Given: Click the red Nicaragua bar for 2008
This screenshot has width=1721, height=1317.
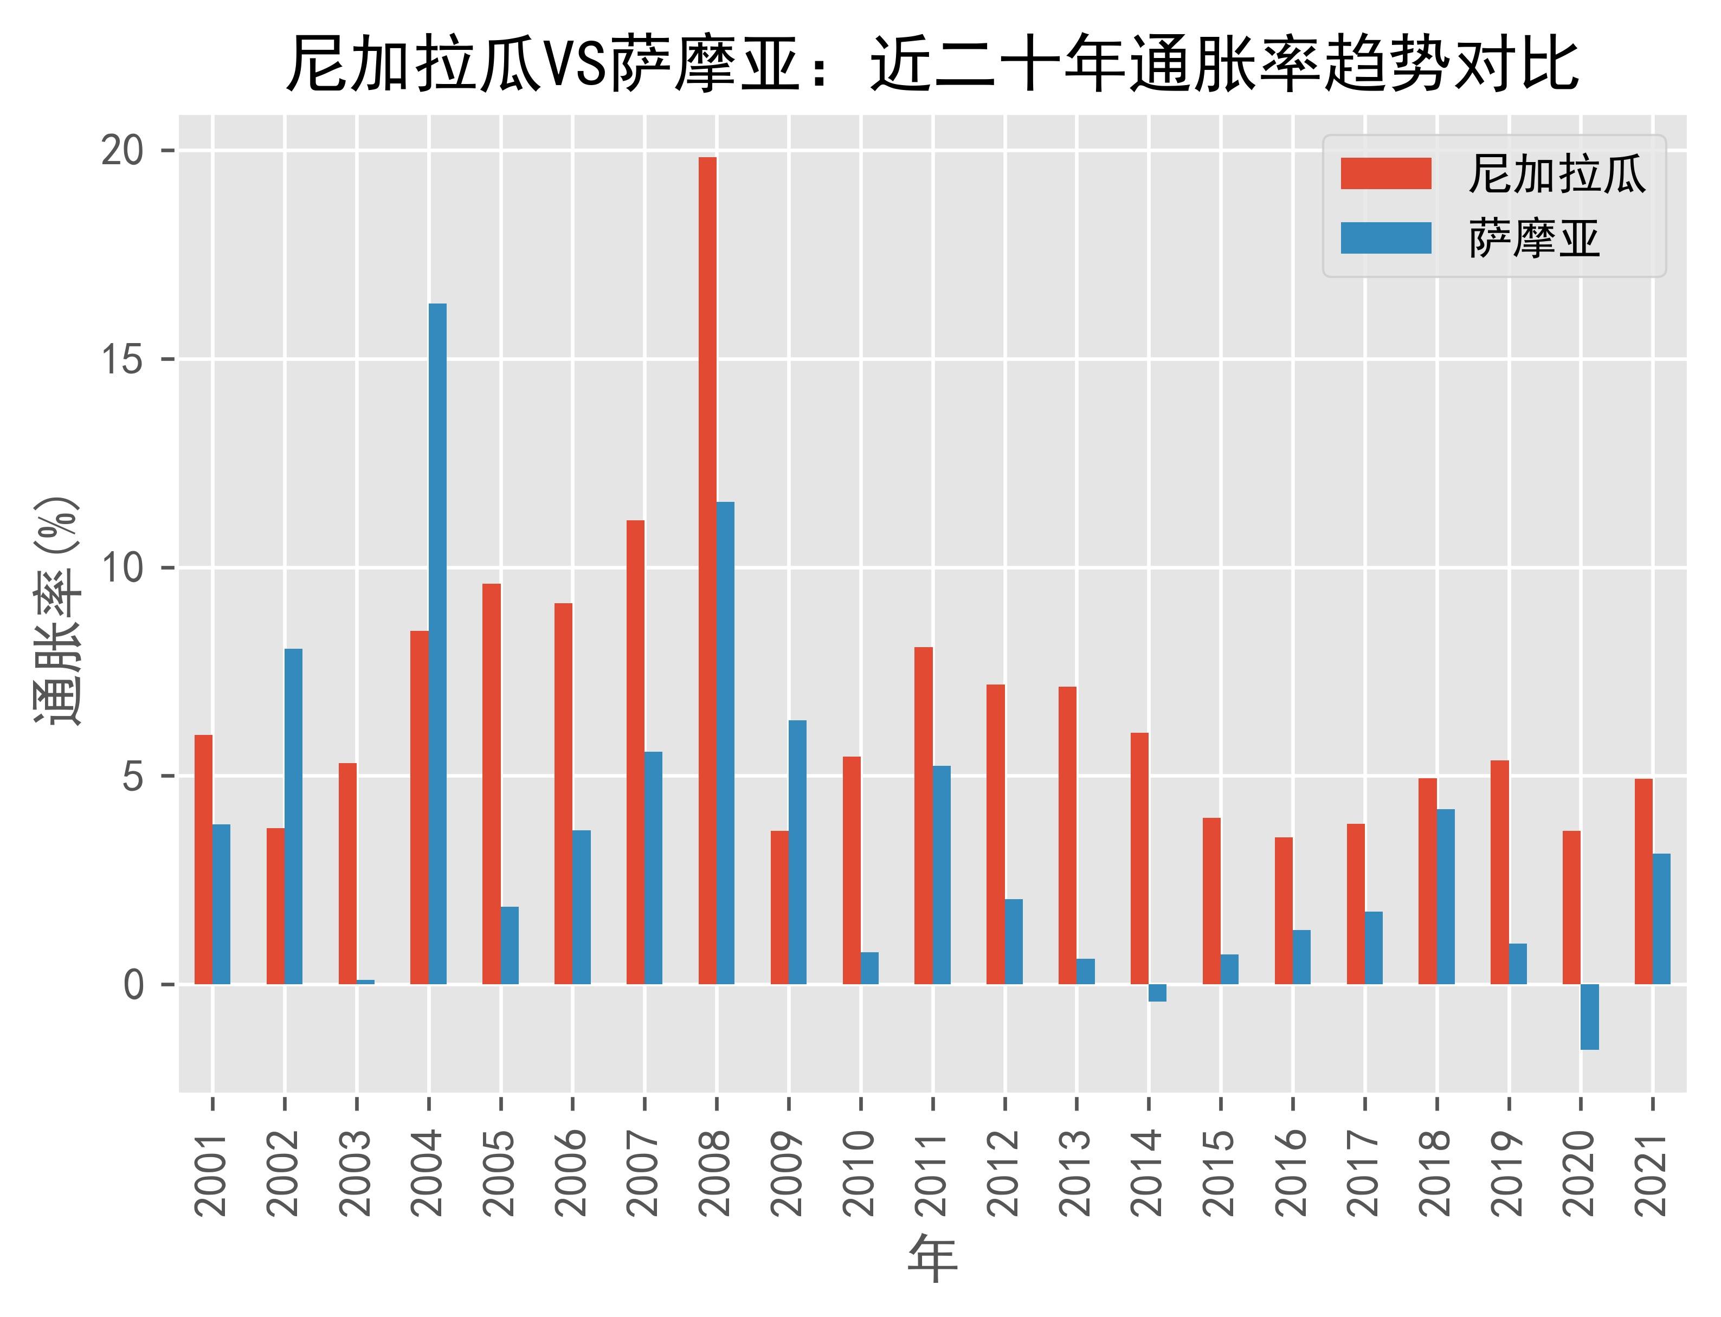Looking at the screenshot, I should point(707,571).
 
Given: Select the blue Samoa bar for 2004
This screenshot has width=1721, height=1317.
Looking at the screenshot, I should point(437,644).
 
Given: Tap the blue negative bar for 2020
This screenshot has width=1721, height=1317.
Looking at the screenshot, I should point(1589,1017).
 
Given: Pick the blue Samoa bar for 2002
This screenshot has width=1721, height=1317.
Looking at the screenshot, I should point(293,816).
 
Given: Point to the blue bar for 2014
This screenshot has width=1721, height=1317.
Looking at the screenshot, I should point(1157,992).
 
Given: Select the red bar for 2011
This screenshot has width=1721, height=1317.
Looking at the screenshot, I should point(924,815).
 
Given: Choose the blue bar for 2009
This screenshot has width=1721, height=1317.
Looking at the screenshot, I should point(797,852).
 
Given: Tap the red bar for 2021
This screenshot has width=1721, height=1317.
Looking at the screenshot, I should point(1643,881).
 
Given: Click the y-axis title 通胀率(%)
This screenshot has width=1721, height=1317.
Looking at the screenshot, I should point(56,611).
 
